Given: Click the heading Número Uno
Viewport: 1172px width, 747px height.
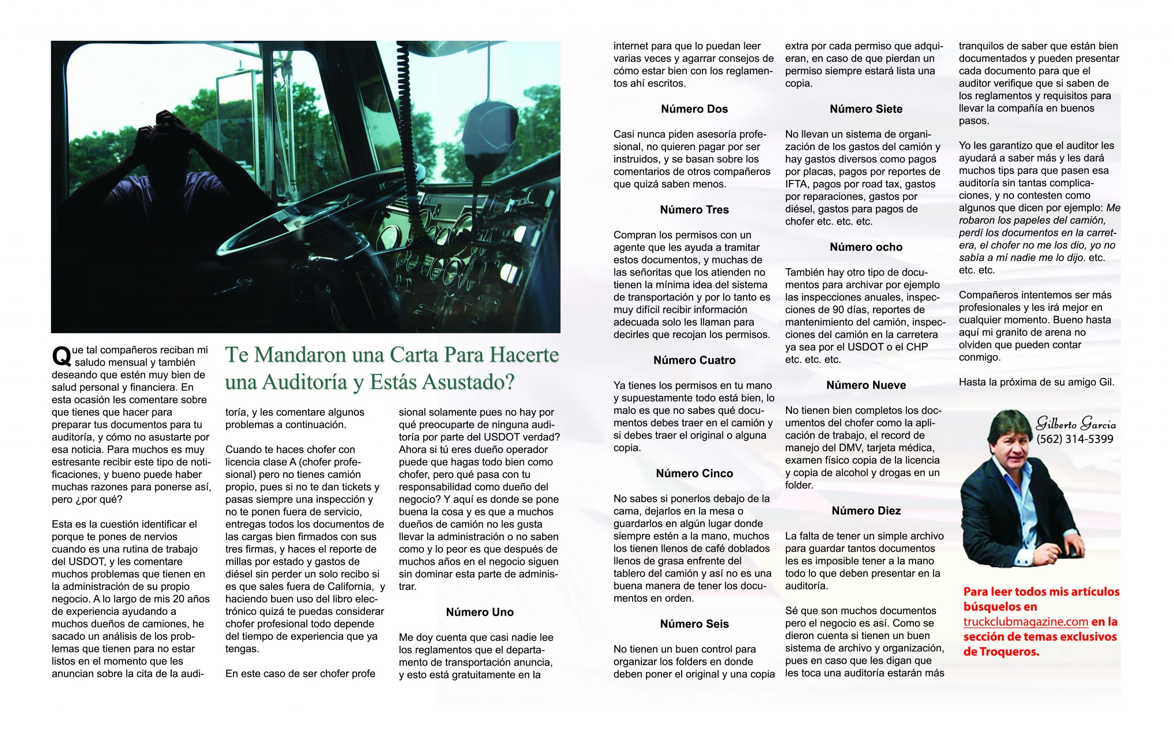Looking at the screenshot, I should [x=479, y=612].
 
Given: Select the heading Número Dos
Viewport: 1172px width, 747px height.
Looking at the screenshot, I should [x=694, y=109].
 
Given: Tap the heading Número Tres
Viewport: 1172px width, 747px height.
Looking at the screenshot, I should [x=694, y=210].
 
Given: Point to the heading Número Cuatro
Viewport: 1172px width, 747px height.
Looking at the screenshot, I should [x=694, y=360].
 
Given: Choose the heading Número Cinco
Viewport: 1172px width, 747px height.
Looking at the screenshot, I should [x=694, y=473].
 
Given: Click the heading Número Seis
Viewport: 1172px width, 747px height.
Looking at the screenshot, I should [x=694, y=624].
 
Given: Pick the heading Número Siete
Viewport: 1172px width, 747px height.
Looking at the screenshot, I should [x=866, y=109].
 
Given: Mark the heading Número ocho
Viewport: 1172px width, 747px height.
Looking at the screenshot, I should [x=866, y=247].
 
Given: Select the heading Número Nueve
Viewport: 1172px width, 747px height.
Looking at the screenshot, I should [x=866, y=385].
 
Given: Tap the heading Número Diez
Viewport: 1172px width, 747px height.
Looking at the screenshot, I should [x=866, y=511].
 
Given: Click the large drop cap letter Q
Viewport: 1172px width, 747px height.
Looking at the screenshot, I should [x=61, y=356].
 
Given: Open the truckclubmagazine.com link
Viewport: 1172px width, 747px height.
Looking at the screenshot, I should [x=1025, y=622].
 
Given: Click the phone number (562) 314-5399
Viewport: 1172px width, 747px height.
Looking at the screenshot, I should [x=1074, y=439].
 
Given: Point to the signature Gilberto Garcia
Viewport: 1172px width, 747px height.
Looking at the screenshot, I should [x=1076, y=423].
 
